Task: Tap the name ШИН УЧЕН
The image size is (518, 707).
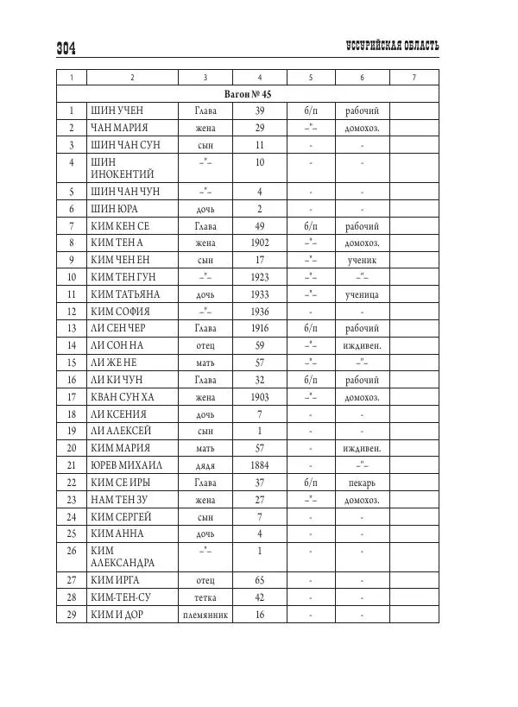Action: click(x=118, y=110)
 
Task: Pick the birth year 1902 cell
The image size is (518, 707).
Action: click(x=259, y=243)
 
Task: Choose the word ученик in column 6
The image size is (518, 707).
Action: click(x=362, y=259)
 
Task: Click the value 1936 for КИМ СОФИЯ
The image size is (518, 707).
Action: click(x=259, y=311)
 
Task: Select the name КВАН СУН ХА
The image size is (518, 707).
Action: click(x=129, y=396)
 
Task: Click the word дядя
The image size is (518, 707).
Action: click(x=205, y=465)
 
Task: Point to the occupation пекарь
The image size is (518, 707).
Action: click(x=362, y=482)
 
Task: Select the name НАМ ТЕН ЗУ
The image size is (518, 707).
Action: click(x=124, y=499)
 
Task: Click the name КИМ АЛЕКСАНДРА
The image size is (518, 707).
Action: click(x=121, y=557)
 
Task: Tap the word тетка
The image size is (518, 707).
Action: click(x=205, y=597)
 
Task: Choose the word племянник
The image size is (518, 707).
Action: click(x=205, y=615)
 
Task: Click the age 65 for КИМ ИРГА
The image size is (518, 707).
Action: click(x=259, y=580)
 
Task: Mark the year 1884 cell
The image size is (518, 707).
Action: click(x=259, y=464)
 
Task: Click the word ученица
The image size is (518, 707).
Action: click(x=362, y=294)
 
